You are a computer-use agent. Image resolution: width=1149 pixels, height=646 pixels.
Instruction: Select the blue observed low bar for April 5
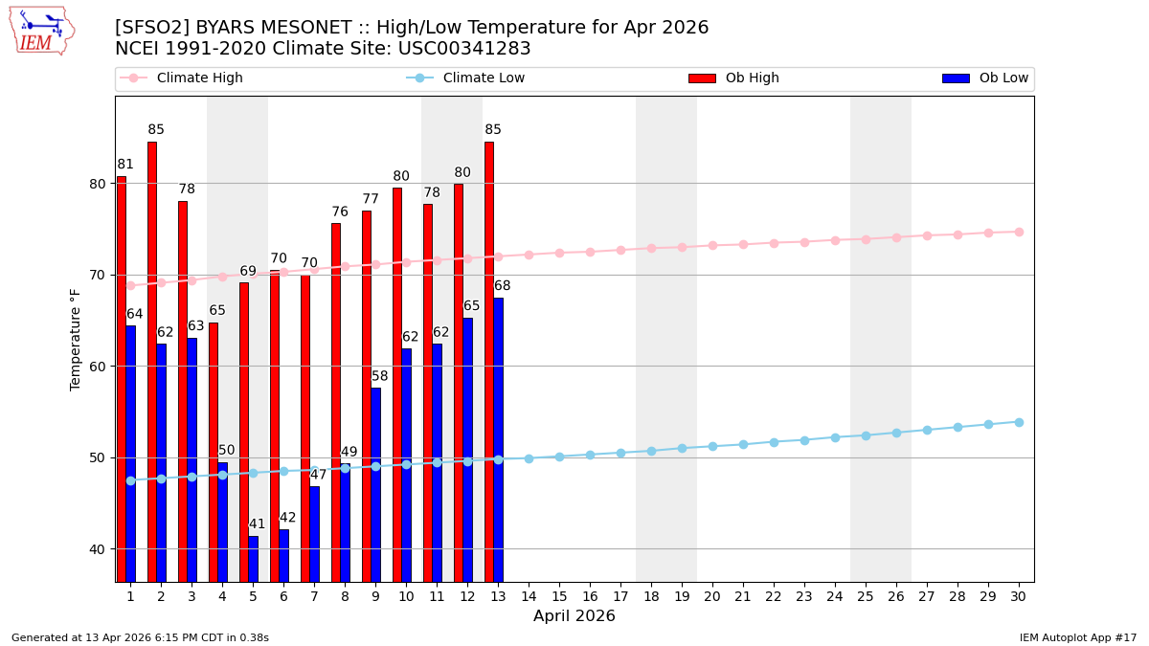point(253,559)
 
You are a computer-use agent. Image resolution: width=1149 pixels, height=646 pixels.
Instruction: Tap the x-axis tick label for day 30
point(1019,596)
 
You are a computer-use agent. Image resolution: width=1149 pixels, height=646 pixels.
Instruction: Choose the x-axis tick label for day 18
point(651,596)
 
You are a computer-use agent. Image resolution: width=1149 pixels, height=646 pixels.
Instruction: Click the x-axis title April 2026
point(574,616)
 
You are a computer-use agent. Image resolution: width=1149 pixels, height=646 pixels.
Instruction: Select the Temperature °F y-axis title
point(76,339)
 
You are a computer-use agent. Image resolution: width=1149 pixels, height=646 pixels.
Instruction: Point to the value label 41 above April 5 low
point(257,524)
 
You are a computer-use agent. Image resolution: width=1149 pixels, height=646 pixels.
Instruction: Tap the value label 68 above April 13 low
point(502,286)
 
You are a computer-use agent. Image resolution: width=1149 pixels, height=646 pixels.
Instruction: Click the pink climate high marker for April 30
point(1019,232)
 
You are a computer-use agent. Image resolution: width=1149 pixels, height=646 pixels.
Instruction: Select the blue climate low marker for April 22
point(774,442)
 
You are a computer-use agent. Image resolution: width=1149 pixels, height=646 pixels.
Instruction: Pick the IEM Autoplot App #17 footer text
point(1078,637)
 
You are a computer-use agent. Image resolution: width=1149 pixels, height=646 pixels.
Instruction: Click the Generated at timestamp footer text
point(140,637)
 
